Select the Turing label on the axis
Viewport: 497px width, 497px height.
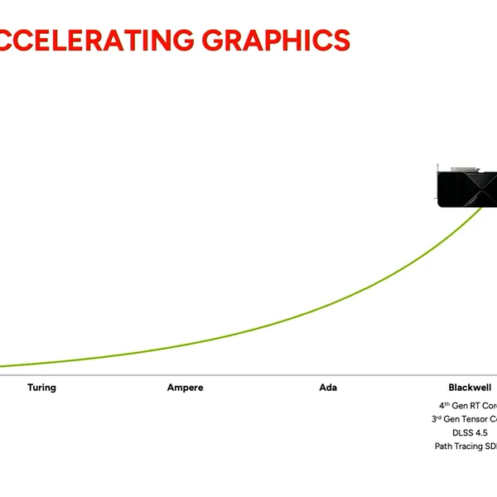pos(41,388)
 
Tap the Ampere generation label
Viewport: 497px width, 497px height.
pos(185,388)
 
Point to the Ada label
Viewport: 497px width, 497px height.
pos(328,388)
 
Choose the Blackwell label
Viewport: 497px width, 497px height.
pos(470,388)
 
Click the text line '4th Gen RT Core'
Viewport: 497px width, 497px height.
pos(468,406)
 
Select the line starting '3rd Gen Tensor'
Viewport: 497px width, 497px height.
pos(464,419)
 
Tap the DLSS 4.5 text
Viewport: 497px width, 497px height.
pos(470,432)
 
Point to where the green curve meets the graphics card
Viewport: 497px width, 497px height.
pos(482,206)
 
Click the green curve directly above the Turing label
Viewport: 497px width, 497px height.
pos(41,362)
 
